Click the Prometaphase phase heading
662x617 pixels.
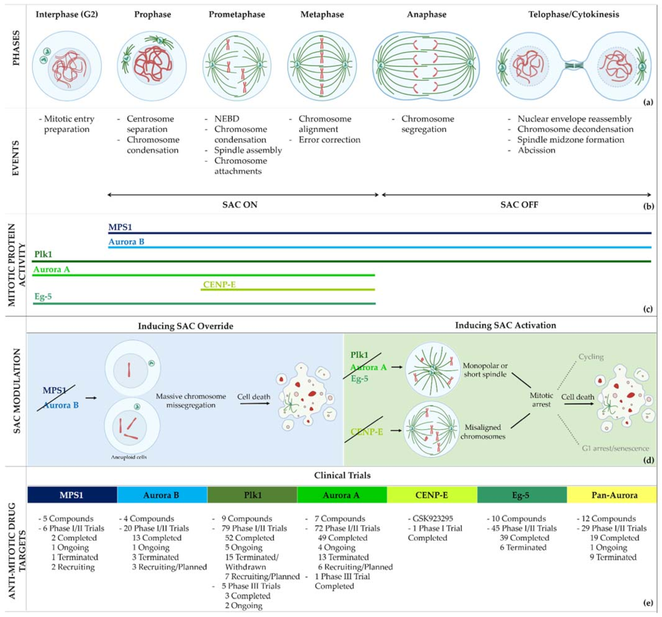coord(237,15)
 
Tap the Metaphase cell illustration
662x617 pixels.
coord(322,66)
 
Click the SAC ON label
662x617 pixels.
coord(240,205)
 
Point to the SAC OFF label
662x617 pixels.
coord(519,205)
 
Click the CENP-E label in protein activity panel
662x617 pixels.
coord(220,284)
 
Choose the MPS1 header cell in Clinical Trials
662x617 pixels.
coord(72,495)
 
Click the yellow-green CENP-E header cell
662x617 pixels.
coord(432,495)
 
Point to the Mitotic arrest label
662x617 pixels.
coord(541,400)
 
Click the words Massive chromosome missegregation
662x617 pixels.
coord(191,401)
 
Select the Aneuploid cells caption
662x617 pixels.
coord(129,457)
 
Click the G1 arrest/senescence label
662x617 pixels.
coord(615,448)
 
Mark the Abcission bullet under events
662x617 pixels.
coord(536,150)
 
